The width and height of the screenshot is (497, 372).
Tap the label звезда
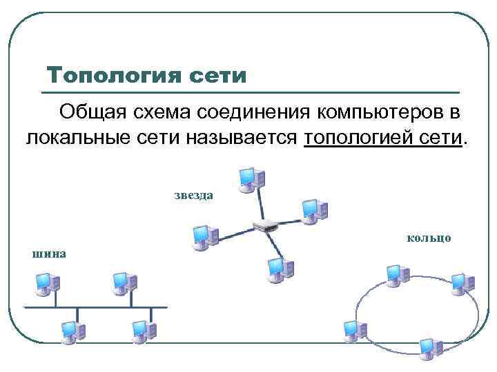(x=193, y=196)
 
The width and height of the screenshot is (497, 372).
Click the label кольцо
(x=429, y=238)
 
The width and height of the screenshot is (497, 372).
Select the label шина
(x=49, y=254)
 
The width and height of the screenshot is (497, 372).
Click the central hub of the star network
(x=265, y=225)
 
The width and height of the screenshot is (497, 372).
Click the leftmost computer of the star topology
(x=205, y=236)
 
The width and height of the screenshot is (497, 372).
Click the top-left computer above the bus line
(x=47, y=283)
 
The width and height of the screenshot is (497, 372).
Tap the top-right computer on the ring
(x=461, y=282)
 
